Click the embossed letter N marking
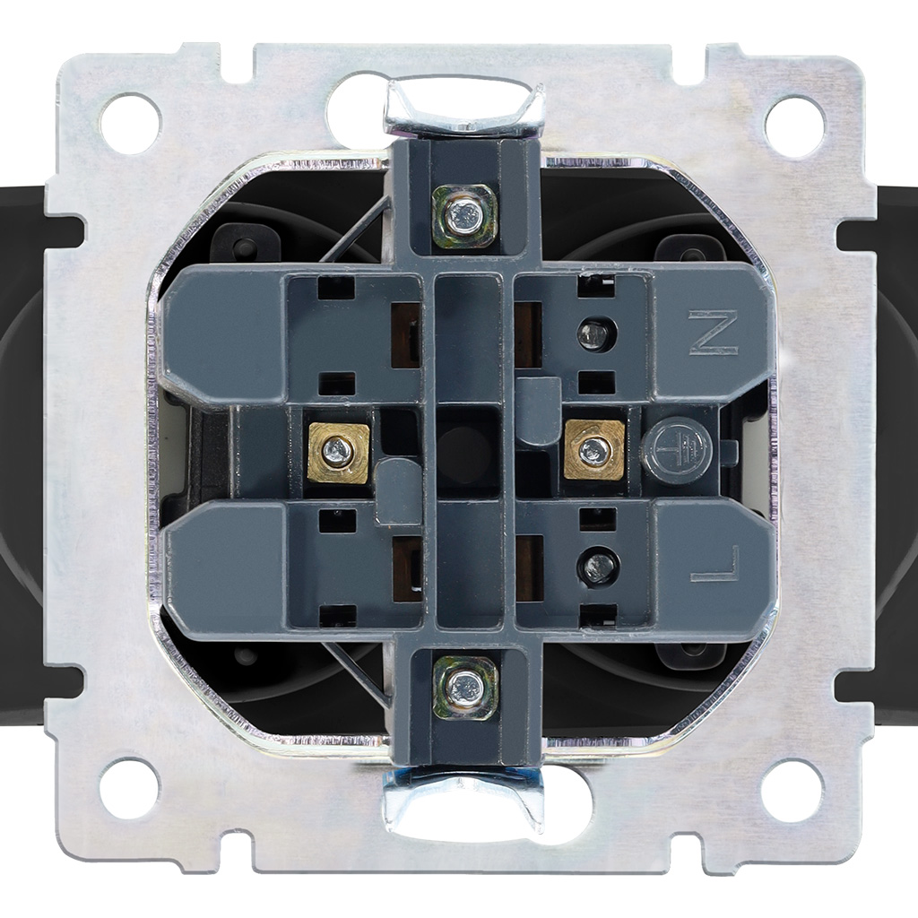[713, 333]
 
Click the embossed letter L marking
[715, 564]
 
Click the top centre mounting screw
[464, 214]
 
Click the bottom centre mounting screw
[465, 687]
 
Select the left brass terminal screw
[338, 452]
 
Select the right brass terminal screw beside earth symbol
[594, 450]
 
